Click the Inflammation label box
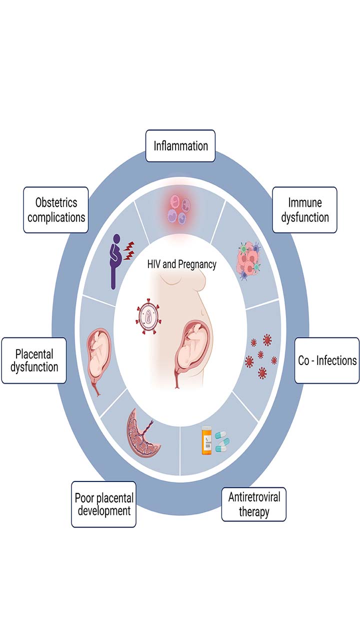[x=180, y=146]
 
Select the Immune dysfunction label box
[x=304, y=210]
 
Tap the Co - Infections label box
[x=327, y=360]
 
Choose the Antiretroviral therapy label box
[x=254, y=504]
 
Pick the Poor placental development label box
[x=104, y=504]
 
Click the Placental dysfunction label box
[x=34, y=360]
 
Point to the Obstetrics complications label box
[x=56, y=210]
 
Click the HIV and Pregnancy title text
[x=182, y=264]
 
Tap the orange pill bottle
[x=206, y=440]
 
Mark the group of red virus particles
[x=261, y=356]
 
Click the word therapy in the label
[x=254, y=512]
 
